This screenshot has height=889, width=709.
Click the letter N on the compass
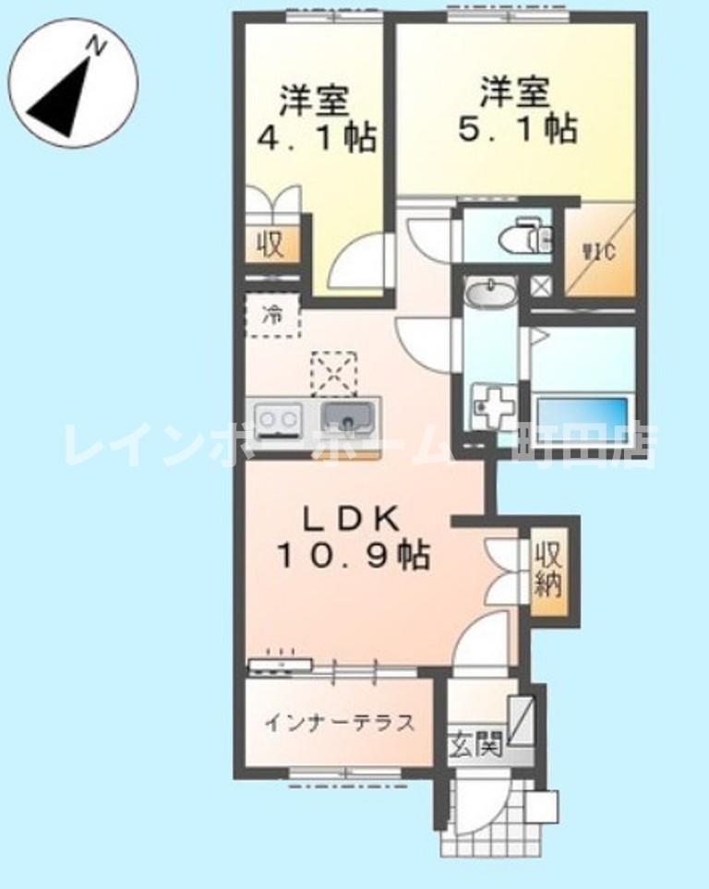pyautogui.click(x=96, y=44)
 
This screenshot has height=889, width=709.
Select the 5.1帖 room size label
pyautogui.click(x=518, y=127)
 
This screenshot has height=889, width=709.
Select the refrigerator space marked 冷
pyautogui.click(x=272, y=315)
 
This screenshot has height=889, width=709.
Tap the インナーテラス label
pyautogui.click(x=339, y=722)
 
